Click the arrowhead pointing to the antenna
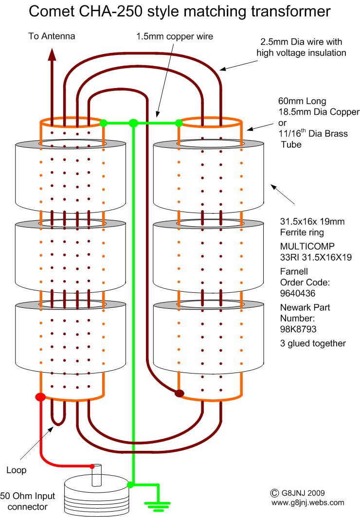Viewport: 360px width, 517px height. [x=52, y=55]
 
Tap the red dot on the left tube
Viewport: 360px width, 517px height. [x=40, y=397]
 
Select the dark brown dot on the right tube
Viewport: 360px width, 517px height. [x=179, y=393]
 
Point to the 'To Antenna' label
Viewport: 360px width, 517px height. [x=52, y=36]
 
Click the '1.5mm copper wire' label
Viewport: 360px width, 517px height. [x=175, y=36]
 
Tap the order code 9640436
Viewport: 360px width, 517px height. [x=298, y=293]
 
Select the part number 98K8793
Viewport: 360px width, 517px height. [x=298, y=329]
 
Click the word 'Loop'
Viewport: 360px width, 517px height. [x=17, y=470]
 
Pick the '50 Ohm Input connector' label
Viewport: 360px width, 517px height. [x=28, y=501]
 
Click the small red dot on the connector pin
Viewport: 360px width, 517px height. [x=92, y=466]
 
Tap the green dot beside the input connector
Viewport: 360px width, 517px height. [x=130, y=485]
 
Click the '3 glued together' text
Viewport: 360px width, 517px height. [x=313, y=343]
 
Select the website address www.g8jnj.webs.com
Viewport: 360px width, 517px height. [x=308, y=502]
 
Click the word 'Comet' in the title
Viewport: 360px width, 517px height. [x=52, y=11]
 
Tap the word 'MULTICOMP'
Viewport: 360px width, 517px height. [x=307, y=246]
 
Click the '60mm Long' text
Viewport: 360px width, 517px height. [x=302, y=101]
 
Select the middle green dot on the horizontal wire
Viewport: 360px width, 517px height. [x=133, y=124]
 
